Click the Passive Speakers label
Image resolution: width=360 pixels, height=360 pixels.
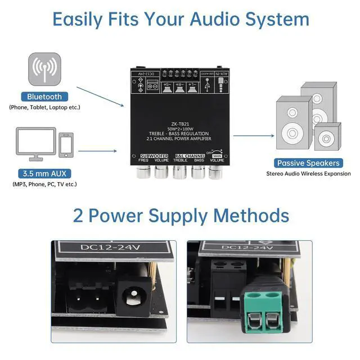pyautogui.click(x=308, y=163)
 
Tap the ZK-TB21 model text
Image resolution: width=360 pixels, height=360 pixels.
pyautogui.click(x=179, y=126)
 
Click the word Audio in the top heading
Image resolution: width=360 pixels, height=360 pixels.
pyautogui.click(x=225, y=19)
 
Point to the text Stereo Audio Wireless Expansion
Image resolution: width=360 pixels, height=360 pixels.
pyautogui.click(x=308, y=174)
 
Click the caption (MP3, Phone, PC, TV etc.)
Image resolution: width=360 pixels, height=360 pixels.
pyautogui.click(x=44, y=184)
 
